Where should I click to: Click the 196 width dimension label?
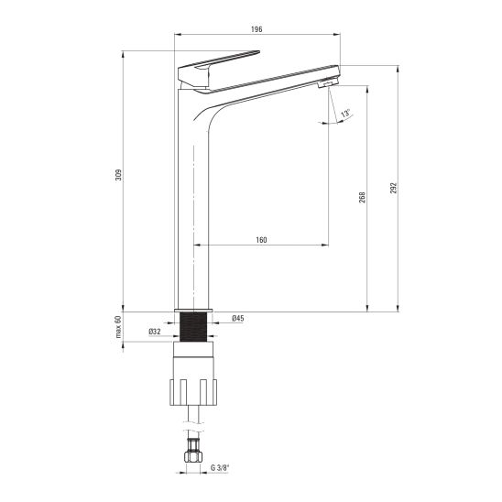pyautogui.click(x=256, y=29)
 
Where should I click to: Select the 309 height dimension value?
pyautogui.click(x=118, y=175)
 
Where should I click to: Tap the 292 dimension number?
pyautogui.click(x=393, y=189)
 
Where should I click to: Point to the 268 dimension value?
pyautogui.click(x=362, y=198)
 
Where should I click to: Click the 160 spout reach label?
pyautogui.click(x=261, y=240)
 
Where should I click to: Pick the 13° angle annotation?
pyautogui.click(x=345, y=114)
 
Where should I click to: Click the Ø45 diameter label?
pyautogui.click(x=238, y=318)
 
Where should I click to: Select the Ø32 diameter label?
pyautogui.click(x=155, y=332)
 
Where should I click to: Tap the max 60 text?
pyautogui.click(x=118, y=327)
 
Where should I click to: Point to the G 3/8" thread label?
pyautogui.click(x=220, y=468)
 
